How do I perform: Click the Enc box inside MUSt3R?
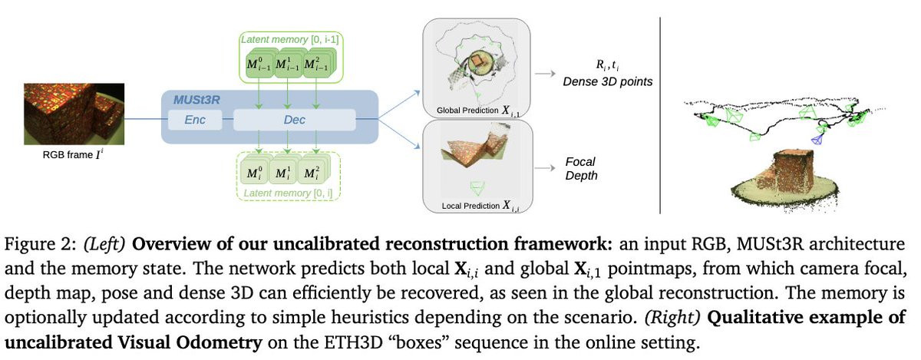[x=195, y=120]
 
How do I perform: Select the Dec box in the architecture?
[x=295, y=120]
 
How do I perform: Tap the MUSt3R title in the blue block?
[x=196, y=100]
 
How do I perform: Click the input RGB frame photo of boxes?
[x=74, y=114]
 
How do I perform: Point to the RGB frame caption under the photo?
[x=73, y=155]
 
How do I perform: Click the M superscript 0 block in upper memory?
[x=259, y=64]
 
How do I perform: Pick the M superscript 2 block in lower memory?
[x=312, y=172]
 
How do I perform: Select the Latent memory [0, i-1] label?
[x=290, y=39]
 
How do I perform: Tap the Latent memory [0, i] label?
[x=288, y=193]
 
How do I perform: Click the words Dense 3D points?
[x=607, y=81]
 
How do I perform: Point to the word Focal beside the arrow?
[x=580, y=162]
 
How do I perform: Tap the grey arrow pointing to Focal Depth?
[x=545, y=168]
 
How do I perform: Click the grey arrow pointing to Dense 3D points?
[x=545, y=74]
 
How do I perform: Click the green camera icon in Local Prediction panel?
[x=477, y=187]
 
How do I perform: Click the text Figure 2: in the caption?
[x=40, y=244]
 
